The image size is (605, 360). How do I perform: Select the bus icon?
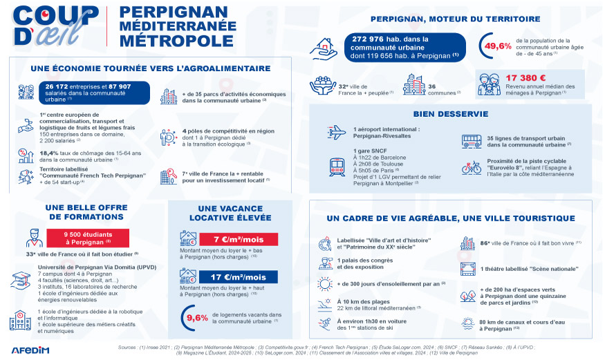pos(472,141)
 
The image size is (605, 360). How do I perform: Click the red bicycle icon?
pos(472,167)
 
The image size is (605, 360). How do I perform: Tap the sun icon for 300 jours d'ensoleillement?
pos(325,283)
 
